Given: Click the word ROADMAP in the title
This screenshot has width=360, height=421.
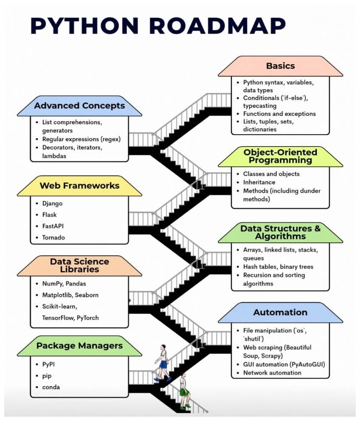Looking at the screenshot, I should [x=217, y=26].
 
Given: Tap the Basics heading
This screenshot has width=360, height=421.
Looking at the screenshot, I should [x=280, y=66].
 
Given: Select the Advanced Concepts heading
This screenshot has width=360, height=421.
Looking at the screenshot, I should [x=79, y=105].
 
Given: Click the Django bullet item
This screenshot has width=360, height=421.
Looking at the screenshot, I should [x=52, y=203].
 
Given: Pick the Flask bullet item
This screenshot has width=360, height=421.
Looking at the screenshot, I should [x=49, y=215].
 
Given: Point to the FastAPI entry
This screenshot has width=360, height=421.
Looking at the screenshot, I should [x=53, y=226].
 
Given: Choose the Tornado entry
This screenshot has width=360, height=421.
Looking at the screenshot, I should [x=53, y=237].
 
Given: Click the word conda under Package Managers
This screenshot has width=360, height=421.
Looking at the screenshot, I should [x=51, y=387].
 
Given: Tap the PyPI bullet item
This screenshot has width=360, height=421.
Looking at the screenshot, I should [x=49, y=364].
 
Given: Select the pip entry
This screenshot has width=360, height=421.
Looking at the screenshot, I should [x=47, y=376].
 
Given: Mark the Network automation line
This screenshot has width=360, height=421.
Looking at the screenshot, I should [x=272, y=373].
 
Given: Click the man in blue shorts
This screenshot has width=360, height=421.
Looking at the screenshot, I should [x=163, y=362].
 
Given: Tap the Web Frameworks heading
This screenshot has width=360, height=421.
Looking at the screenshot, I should [x=79, y=186].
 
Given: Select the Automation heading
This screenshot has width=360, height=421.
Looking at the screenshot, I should [x=280, y=312].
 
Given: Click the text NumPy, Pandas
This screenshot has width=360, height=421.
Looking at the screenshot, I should [x=61, y=283].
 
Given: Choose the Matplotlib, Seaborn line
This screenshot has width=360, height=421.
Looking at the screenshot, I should [x=70, y=295].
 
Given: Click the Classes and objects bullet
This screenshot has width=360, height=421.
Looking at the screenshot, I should [x=271, y=174].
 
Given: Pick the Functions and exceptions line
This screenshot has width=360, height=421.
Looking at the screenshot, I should [x=279, y=114].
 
